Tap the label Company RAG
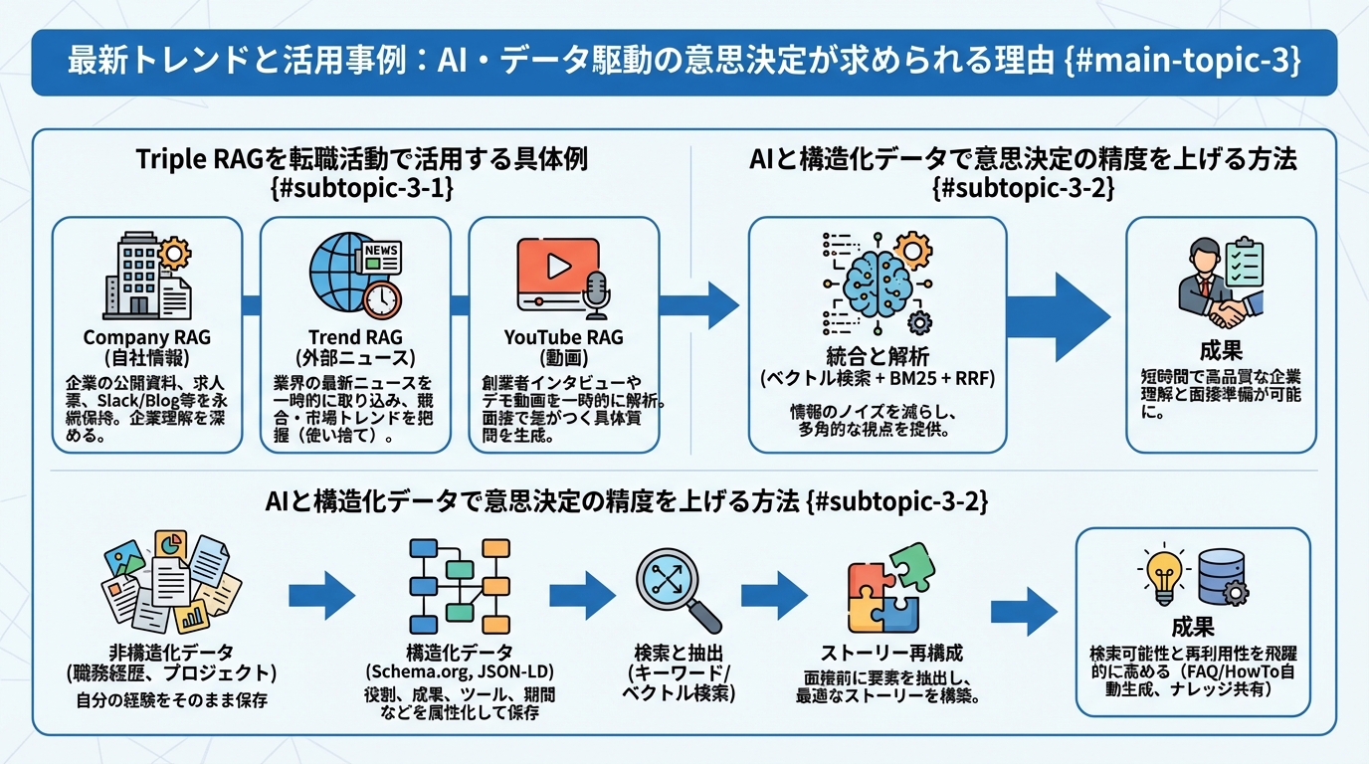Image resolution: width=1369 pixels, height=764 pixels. (x=146, y=337)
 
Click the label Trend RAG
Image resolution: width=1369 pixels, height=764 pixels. (x=354, y=337)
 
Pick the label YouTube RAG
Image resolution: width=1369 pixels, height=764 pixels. (x=563, y=337)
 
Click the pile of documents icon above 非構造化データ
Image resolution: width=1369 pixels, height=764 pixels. (x=172, y=582)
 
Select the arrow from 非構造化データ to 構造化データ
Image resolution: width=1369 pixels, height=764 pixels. (x=321, y=596)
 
